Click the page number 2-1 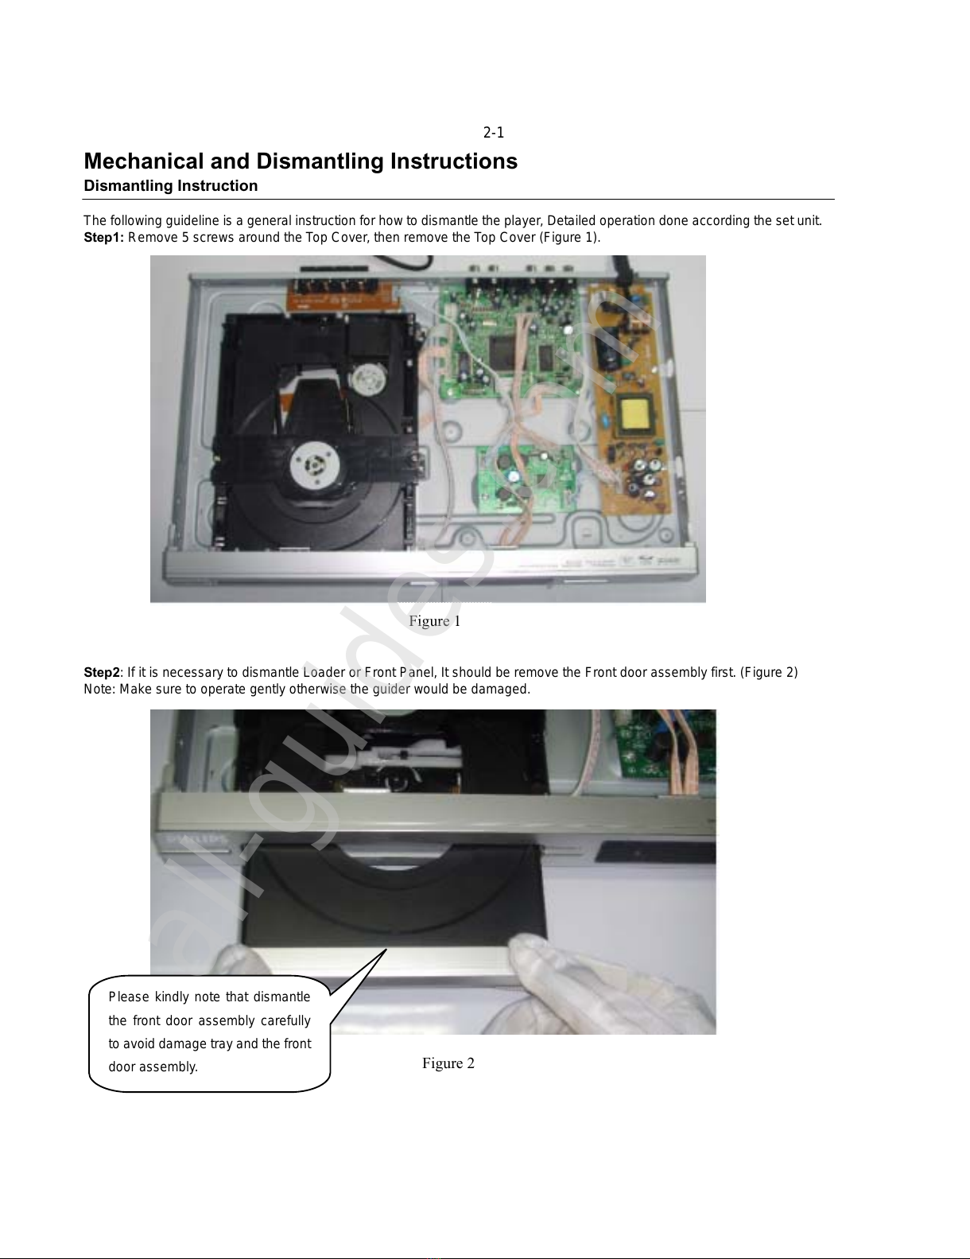point(494,133)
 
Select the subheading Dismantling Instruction point(171,186)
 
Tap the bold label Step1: point(103,238)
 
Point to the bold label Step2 point(102,673)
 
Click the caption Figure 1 point(435,621)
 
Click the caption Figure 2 point(448,1063)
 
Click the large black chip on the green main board point(506,350)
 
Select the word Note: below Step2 point(99,689)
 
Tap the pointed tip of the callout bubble point(386,950)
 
